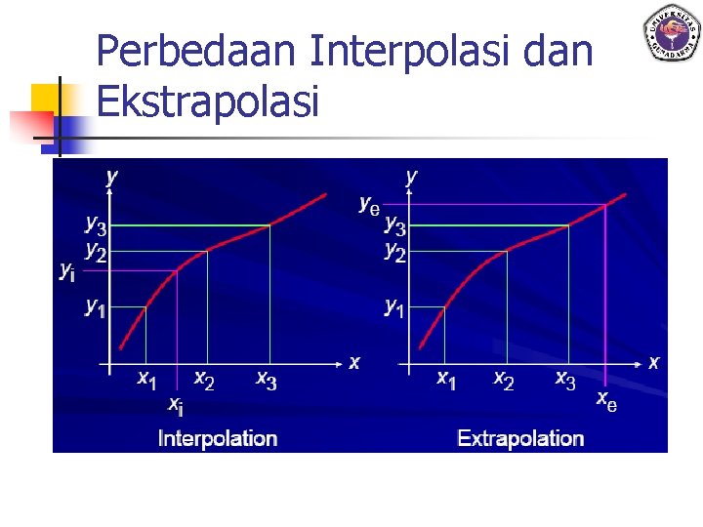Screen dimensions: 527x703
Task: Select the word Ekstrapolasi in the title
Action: [208, 101]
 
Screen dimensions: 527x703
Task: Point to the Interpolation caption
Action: [218, 438]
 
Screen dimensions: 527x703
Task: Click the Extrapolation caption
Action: [520, 438]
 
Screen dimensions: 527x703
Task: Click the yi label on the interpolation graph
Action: [67, 270]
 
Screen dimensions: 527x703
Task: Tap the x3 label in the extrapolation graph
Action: [565, 379]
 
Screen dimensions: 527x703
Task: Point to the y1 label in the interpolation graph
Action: [95, 307]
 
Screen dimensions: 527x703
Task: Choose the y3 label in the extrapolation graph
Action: [394, 225]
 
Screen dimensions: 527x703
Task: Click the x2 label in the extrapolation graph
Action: [503, 379]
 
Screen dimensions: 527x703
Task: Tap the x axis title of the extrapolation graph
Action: [653, 362]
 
